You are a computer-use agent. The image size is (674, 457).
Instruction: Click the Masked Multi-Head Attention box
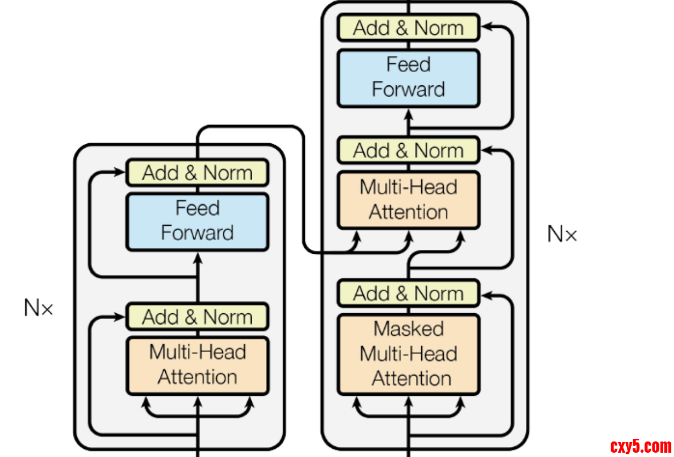click(x=408, y=354)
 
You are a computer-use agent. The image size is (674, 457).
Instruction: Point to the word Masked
click(x=408, y=329)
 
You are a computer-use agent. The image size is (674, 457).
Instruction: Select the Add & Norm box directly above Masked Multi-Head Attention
click(x=408, y=293)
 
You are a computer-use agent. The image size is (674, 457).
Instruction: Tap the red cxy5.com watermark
click(x=641, y=446)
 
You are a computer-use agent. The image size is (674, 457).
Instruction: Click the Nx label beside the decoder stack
click(x=562, y=234)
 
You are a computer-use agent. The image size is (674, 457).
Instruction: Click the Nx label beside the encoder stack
click(x=39, y=308)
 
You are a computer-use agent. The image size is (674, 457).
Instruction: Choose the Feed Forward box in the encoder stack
click(x=197, y=221)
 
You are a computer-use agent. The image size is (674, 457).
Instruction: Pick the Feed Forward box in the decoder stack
click(x=408, y=77)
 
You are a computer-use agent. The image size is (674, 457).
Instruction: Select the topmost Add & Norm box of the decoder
click(x=408, y=28)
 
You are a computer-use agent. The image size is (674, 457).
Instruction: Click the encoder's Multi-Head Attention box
click(x=197, y=365)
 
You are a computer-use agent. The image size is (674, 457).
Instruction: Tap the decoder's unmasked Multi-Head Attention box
click(x=408, y=200)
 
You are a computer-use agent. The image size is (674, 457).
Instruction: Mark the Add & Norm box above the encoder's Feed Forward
click(x=197, y=173)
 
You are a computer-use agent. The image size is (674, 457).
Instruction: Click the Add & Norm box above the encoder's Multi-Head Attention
click(x=197, y=316)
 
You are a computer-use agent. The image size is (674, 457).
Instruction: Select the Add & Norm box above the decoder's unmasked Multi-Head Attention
click(x=408, y=151)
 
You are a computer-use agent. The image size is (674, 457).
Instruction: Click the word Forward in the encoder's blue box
click(x=197, y=233)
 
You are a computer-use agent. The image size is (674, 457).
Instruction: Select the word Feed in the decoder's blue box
click(x=408, y=65)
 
